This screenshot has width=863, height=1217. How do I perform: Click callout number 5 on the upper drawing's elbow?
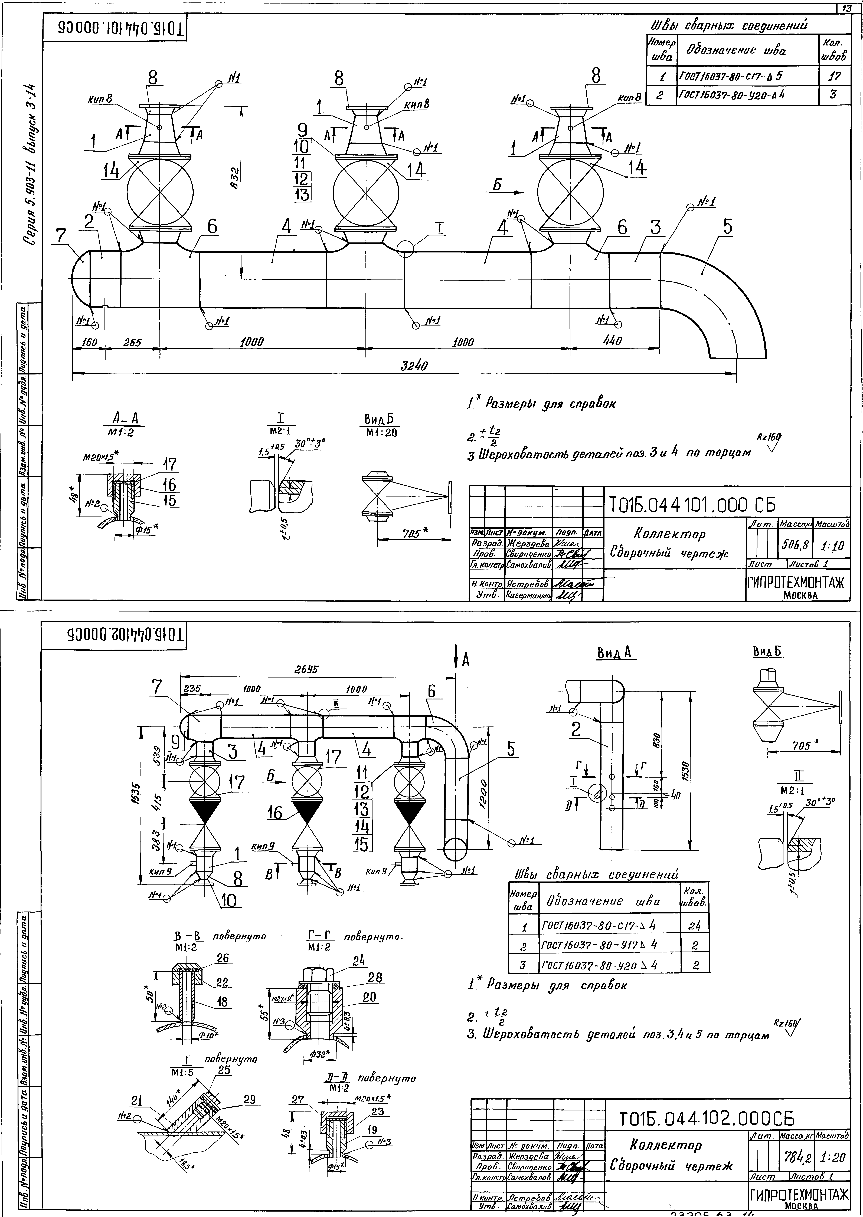click(x=727, y=227)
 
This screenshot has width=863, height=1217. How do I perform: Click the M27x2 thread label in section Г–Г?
click(x=282, y=999)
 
